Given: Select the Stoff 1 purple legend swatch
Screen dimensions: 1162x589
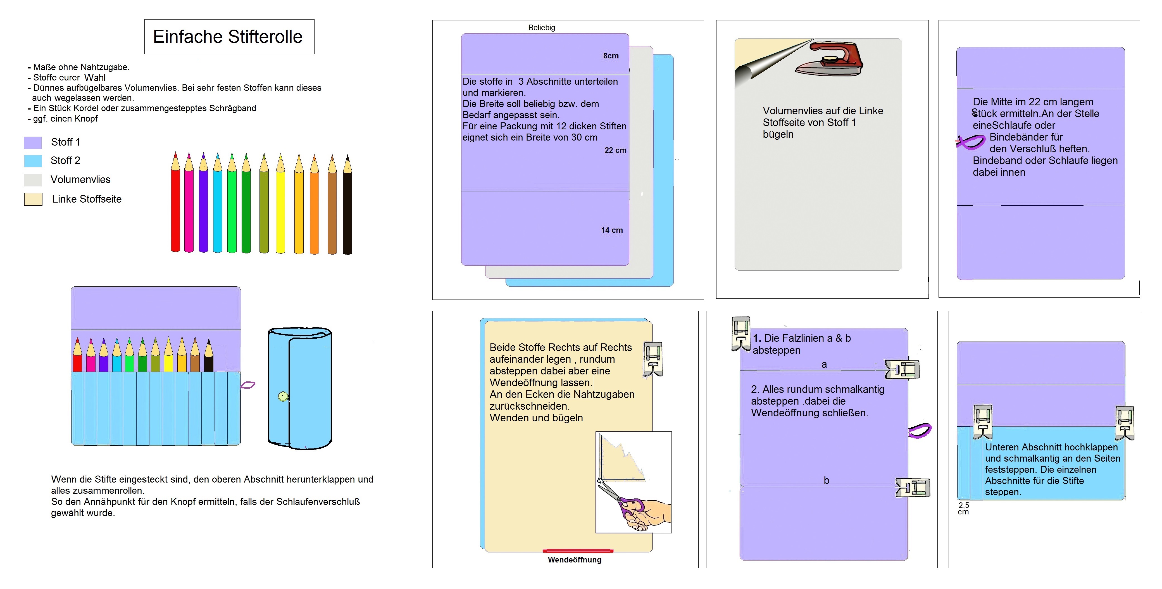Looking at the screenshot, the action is (x=33, y=142).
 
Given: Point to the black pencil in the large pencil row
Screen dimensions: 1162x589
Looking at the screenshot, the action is (x=347, y=205).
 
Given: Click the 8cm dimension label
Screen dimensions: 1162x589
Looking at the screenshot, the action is (x=611, y=56).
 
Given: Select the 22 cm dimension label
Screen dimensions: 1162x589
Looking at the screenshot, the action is (x=615, y=150).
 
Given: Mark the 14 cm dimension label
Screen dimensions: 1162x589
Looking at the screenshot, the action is (x=612, y=230).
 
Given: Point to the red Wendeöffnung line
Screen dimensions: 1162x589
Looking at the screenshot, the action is (x=578, y=551).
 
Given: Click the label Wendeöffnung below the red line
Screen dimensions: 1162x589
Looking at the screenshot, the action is (x=574, y=560).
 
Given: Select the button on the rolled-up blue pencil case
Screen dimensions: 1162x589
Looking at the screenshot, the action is (x=283, y=397).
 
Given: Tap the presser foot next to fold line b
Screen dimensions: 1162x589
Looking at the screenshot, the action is (x=913, y=488).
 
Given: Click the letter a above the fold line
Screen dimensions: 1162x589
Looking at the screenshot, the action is (x=824, y=365).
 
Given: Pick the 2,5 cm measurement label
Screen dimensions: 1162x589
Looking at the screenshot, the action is (x=963, y=508).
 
